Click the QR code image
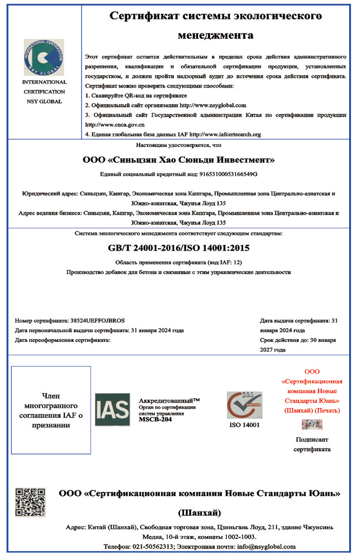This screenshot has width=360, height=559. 30,502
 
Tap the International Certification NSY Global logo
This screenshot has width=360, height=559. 44,57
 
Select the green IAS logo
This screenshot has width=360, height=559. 112,410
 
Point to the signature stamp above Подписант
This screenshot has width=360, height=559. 312,424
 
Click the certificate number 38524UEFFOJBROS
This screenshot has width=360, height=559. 98,320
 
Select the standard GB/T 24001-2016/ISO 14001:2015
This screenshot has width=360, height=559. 179,248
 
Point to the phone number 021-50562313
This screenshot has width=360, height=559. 153,546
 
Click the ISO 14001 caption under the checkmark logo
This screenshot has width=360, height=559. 244,425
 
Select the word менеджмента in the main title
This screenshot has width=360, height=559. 216,35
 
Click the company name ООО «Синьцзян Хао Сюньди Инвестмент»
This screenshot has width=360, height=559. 179,160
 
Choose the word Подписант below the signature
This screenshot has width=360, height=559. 312,440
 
